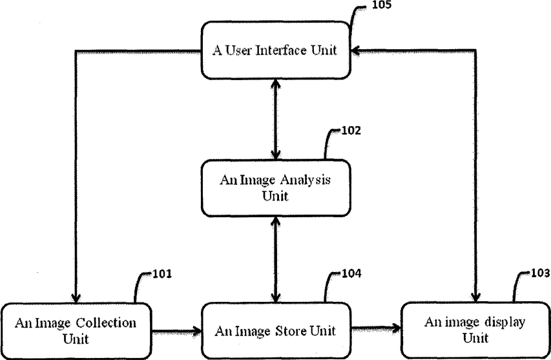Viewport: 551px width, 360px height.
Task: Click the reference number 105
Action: [x=381, y=5]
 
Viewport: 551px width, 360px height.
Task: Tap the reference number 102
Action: [x=351, y=131]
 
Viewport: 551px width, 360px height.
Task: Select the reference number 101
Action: [x=162, y=273]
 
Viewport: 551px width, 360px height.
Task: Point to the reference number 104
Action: [x=351, y=273]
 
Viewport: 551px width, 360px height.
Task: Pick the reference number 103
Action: [x=541, y=273]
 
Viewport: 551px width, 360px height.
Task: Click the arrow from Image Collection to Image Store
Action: [x=176, y=331]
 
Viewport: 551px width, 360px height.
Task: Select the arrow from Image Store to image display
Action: [x=376, y=329]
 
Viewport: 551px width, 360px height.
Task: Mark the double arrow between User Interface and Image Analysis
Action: [x=276, y=120]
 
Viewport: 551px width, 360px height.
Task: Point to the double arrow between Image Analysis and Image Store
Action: [x=276, y=259]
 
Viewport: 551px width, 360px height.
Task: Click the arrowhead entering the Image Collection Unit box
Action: [x=76, y=298]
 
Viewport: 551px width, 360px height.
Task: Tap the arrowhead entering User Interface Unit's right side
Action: [x=356, y=50]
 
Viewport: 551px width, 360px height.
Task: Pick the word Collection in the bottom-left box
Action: [x=106, y=323]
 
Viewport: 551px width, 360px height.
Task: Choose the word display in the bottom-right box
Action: [x=504, y=323]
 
